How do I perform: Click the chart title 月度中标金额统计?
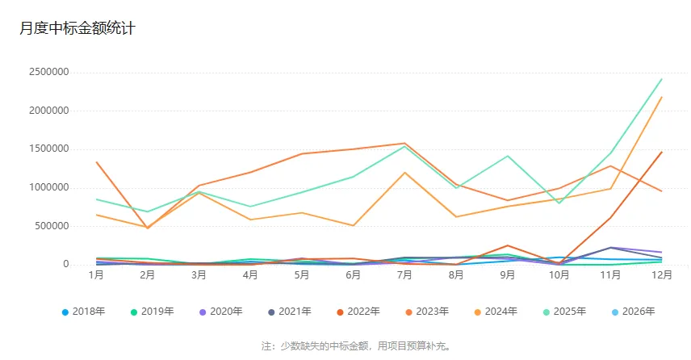click(77, 28)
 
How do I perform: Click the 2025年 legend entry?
click(563, 312)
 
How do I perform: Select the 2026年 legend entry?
click(632, 312)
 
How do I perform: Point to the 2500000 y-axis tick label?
click(47, 72)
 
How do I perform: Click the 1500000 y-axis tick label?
click(47, 149)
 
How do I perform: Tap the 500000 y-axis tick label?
click(50, 226)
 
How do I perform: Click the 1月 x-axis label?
click(96, 275)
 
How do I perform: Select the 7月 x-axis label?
click(404, 275)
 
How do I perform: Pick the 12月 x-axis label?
click(662, 275)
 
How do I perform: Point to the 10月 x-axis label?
click(559, 275)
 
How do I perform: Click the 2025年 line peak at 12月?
click(662, 79)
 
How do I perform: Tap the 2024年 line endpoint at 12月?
click(662, 98)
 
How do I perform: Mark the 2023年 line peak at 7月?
click(404, 144)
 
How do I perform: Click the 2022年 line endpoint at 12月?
click(662, 152)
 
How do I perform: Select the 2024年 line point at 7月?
click(404, 173)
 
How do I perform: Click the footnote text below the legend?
click(356, 345)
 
